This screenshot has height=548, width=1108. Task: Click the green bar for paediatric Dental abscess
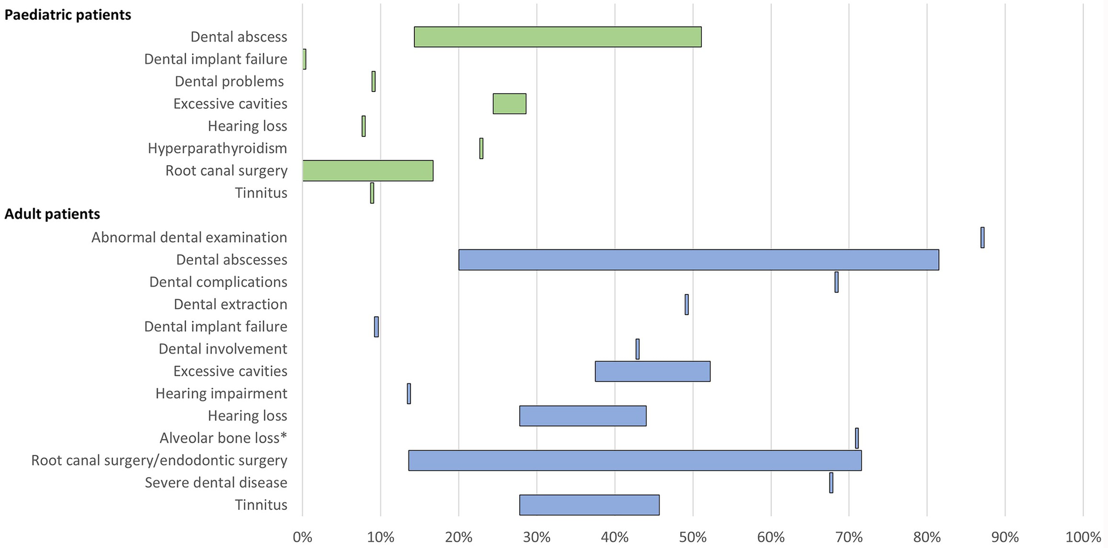tap(557, 37)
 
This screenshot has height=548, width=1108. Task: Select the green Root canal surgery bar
tap(368, 170)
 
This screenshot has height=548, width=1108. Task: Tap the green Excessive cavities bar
tap(509, 104)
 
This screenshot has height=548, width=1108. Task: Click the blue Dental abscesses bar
tap(698, 259)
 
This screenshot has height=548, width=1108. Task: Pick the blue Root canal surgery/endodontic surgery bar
tap(634, 460)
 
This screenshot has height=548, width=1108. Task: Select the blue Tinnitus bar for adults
tap(589, 505)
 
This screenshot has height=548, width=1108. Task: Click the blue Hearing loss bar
tap(582, 416)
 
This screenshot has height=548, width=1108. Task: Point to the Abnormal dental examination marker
tap(982, 238)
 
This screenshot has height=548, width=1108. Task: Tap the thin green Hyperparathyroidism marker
tap(481, 149)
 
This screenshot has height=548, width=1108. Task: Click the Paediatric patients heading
tap(68, 15)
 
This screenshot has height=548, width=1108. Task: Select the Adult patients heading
tap(53, 214)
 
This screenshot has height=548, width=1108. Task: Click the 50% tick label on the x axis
tap(693, 537)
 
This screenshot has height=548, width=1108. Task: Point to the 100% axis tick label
tap(1083, 537)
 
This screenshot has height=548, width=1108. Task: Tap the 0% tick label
tap(303, 537)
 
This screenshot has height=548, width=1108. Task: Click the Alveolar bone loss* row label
tap(223, 438)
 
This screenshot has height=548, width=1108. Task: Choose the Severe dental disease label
tap(216, 482)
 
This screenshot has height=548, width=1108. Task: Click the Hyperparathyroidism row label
tap(217, 148)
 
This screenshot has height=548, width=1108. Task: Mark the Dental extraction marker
tap(687, 304)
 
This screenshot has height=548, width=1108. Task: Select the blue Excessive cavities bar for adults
tap(652, 371)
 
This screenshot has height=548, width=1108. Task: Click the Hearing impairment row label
tap(221, 393)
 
